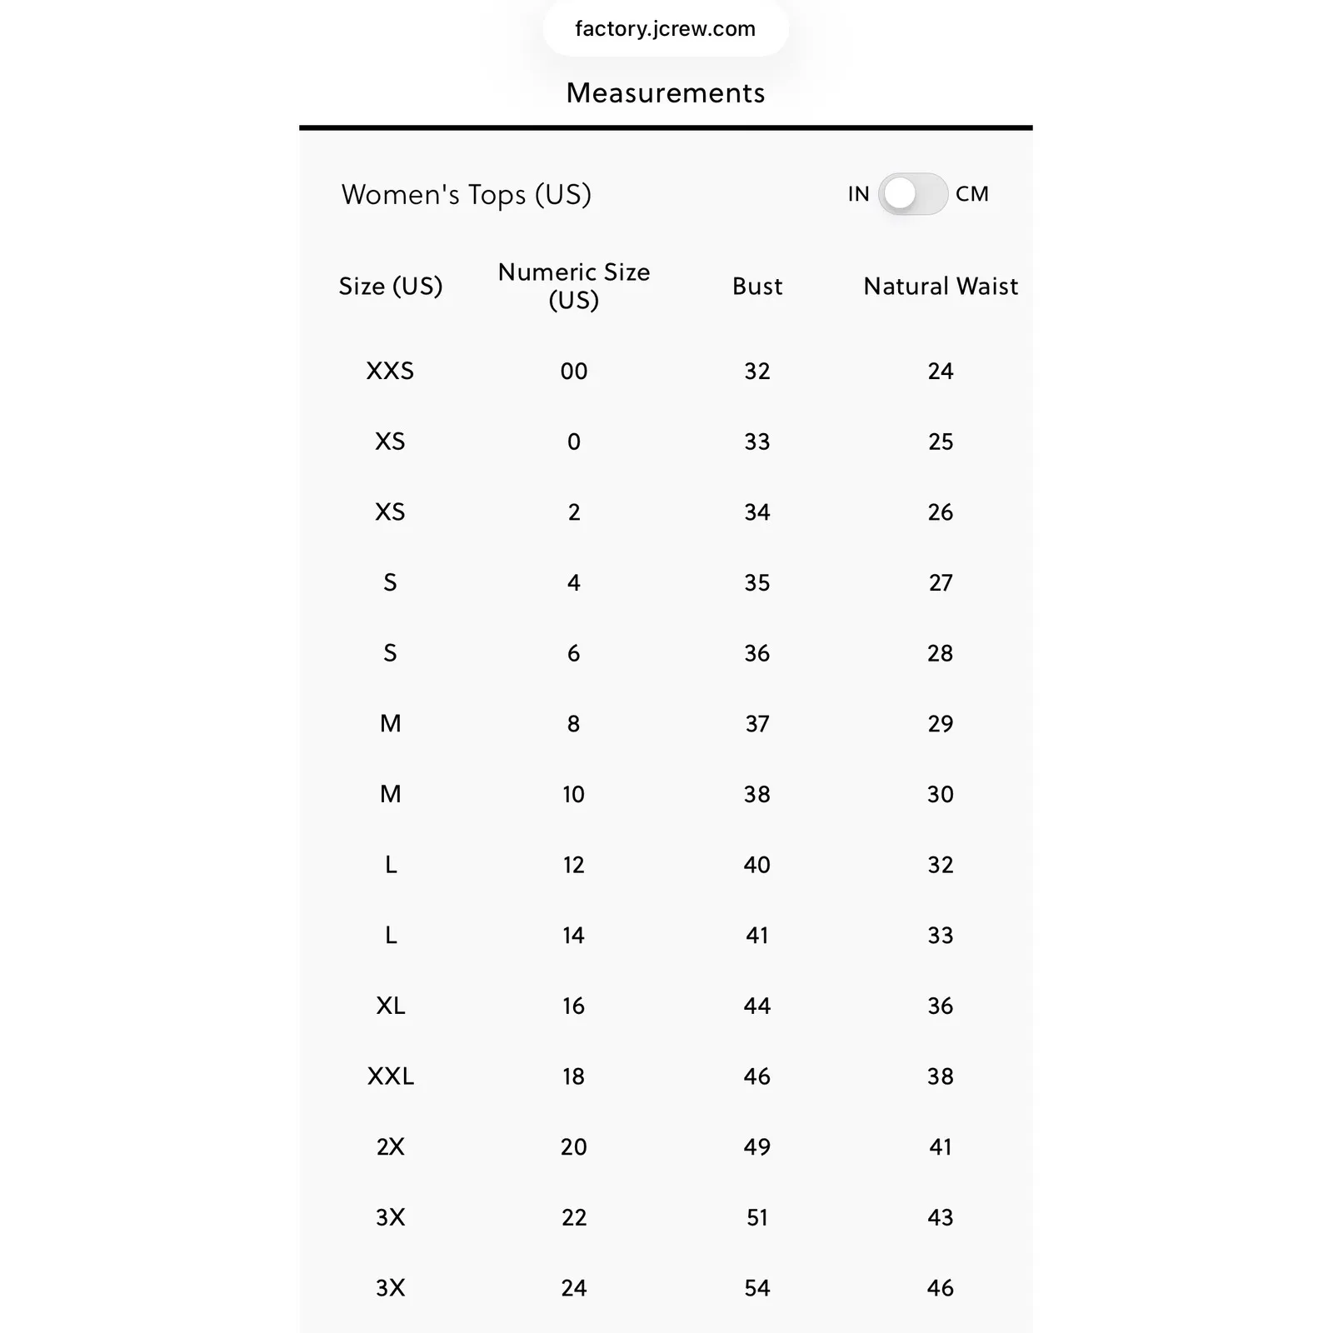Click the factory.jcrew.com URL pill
[665, 29]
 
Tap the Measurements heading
[665, 93]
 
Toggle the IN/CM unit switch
[912, 194]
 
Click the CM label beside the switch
[971, 194]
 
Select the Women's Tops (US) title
[466, 195]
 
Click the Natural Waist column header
[940, 287]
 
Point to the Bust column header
[756, 287]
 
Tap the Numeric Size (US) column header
[573, 286]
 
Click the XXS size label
[390, 371]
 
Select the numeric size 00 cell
[573, 371]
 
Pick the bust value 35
[756, 582]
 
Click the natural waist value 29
[940, 723]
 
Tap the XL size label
[390, 1006]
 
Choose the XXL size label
[390, 1076]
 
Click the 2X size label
[390, 1146]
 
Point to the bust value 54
[756, 1288]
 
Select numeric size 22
[573, 1217]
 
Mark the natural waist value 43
[940, 1217]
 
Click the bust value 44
[756, 1006]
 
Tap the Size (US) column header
[390, 287]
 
